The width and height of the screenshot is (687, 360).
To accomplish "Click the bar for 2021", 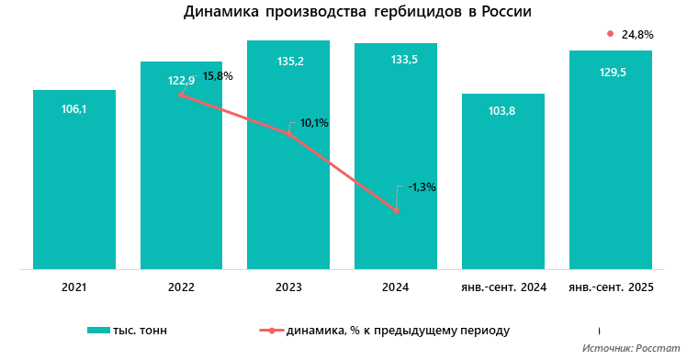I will click(73, 179).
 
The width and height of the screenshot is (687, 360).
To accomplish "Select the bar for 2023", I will click(288, 202).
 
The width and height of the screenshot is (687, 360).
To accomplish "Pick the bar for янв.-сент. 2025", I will click(611, 161).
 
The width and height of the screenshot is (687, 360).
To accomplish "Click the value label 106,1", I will click(74, 108).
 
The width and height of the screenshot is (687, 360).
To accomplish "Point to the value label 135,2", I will click(288, 62).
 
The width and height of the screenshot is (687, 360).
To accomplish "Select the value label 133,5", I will click(396, 61).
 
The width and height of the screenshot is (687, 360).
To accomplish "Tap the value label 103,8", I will click(502, 111).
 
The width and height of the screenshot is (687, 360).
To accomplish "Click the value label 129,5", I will click(611, 72).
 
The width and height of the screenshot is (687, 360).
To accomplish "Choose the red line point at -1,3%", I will click(396, 211).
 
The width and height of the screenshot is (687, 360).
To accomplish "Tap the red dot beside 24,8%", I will click(610, 34).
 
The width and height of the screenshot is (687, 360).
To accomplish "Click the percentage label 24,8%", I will click(637, 35).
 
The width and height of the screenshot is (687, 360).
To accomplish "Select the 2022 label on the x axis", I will click(181, 287).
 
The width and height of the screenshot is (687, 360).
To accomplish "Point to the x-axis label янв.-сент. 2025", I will click(611, 287).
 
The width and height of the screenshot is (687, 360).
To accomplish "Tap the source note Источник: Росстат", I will click(631, 349).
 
